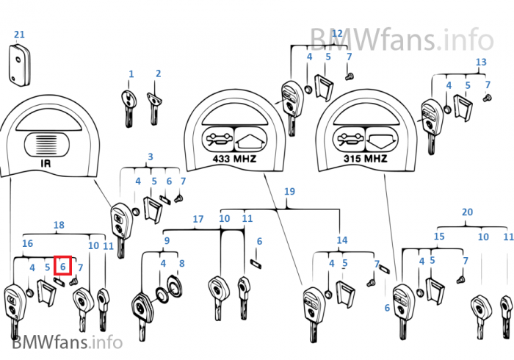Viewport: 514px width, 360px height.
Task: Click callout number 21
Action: coord(19,35)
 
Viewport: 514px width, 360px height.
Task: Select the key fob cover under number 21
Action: coord(18,62)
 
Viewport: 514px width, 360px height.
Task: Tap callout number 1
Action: coord(131,74)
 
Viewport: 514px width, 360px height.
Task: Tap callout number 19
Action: coord(289,192)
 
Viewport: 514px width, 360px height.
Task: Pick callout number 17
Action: coord(198,219)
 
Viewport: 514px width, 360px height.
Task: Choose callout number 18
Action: coord(59,224)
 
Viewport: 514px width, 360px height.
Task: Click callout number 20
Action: coord(467,212)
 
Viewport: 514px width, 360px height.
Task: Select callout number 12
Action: coord(337,33)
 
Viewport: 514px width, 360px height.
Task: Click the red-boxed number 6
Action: coord(63,267)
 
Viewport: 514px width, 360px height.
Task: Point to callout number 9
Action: coord(167,240)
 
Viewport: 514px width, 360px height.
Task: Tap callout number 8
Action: coord(182,262)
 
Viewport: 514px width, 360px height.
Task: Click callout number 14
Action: coord(342,240)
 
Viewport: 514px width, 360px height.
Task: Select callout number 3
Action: coord(151,156)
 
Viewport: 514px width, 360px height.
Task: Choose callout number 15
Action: coord(439,237)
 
